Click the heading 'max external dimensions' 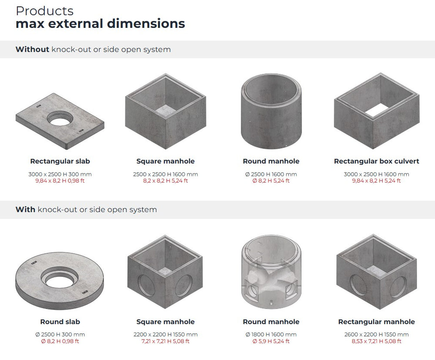pyautogui.click(x=100, y=23)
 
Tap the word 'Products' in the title pyautogui.click(x=45, y=11)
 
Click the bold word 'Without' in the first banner pyautogui.click(x=32, y=50)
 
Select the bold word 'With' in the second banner pyautogui.click(x=25, y=210)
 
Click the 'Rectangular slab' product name pyautogui.click(x=60, y=161)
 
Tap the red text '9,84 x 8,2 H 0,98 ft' pyautogui.click(x=60, y=181)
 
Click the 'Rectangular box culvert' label pyautogui.click(x=376, y=161)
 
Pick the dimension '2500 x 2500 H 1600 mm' pyautogui.click(x=165, y=174)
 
